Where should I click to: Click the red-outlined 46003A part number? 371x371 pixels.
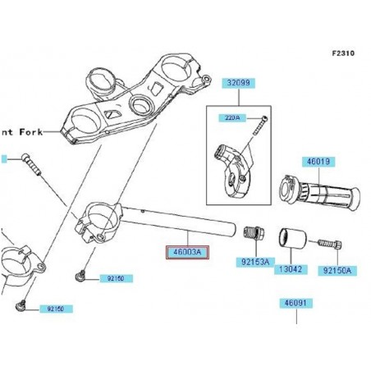click(x=188, y=254)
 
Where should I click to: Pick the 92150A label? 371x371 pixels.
click(x=337, y=269)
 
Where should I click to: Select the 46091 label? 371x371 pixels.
click(x=295, y=303)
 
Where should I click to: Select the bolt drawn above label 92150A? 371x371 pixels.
click(x=333, y=245)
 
